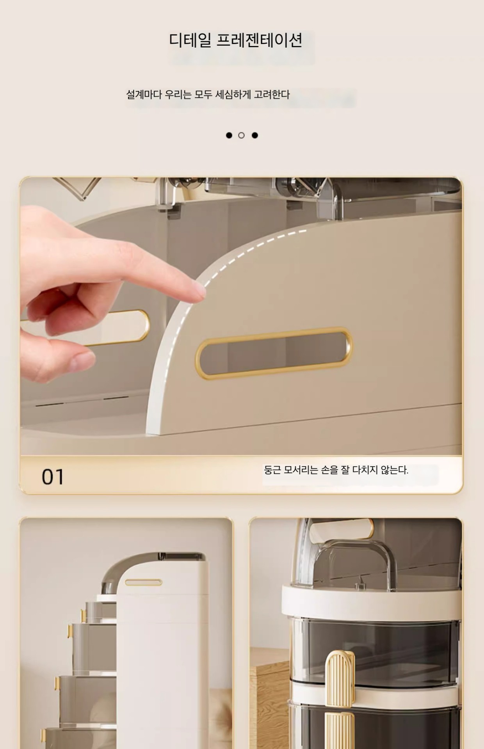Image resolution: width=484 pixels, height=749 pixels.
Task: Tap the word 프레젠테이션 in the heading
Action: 259,40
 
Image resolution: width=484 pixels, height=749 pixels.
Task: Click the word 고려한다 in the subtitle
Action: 272,94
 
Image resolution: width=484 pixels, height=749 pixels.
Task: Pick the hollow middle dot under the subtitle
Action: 241,135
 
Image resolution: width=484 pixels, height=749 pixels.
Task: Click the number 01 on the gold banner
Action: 53,477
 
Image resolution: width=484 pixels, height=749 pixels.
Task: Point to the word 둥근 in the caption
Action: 272,470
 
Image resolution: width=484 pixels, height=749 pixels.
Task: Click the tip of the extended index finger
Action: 203,291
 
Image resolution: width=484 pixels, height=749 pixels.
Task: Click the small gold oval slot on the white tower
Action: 143,582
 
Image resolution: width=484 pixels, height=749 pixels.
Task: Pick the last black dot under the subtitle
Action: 255,135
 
